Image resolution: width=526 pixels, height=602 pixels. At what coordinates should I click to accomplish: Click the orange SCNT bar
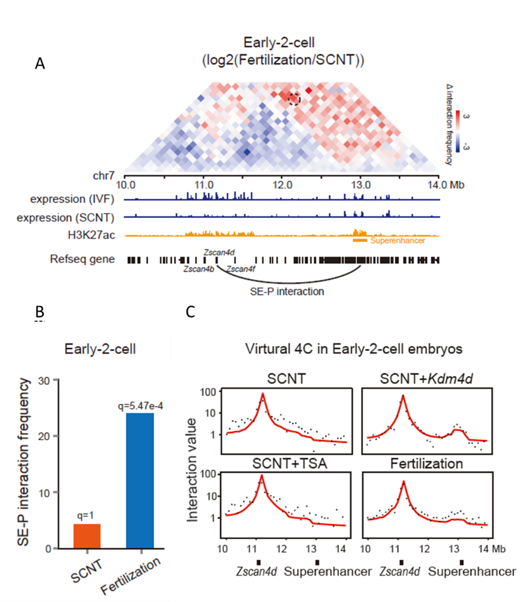coord(87,535)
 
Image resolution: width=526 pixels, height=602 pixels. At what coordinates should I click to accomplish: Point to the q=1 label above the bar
coord(87,516)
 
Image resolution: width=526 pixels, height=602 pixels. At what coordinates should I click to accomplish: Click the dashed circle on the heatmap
coord(294,98)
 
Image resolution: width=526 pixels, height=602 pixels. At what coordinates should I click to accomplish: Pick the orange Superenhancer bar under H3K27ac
coord(360,241)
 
